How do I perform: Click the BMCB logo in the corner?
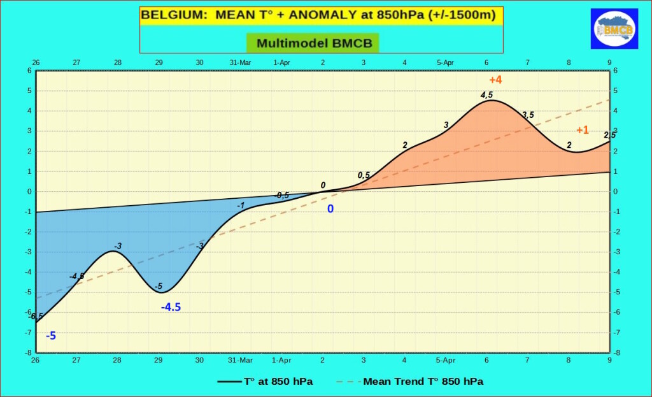(614, 29)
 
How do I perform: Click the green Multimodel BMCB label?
(313, 43)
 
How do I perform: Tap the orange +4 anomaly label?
(495, 80)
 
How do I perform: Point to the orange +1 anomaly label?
(583, 130)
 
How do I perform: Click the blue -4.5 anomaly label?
(171, 307)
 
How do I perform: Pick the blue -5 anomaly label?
(51, 336)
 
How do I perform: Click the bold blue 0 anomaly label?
(330, 208)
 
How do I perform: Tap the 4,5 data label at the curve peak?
(486, 95)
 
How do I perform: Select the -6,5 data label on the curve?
(36, 316)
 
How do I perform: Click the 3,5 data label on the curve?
(528, 115)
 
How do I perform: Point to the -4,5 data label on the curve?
(77, 276)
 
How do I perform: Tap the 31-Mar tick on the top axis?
(241, 62)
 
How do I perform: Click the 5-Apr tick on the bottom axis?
(446, 360)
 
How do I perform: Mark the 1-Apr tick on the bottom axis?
(281, 360)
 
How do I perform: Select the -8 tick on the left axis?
(29, 352)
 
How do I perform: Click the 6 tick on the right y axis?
(616, 70)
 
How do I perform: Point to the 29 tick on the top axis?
(159, 62)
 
